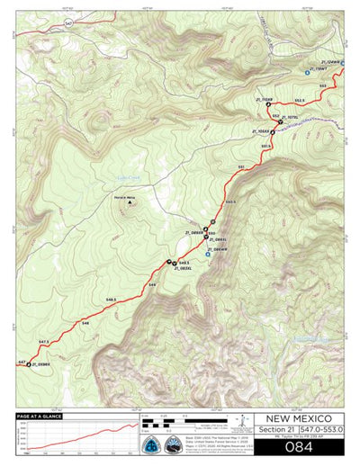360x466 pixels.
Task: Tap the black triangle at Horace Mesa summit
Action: [130, 202]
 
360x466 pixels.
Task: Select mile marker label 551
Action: [241, 168]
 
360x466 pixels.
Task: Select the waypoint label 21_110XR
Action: [265, 99]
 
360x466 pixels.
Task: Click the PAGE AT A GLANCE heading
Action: [39, 417]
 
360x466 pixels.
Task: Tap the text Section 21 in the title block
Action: [275, 432]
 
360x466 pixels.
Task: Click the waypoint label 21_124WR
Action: [329, 62]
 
